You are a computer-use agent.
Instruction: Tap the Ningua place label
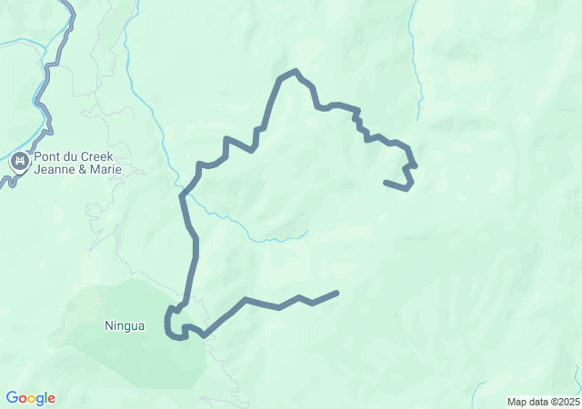[125, 325]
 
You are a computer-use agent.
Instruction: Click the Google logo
[30, 398]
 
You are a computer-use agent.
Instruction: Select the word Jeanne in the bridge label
[55, 169]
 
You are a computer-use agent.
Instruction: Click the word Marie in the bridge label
[105, 169]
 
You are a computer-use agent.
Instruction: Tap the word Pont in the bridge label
[47, 156]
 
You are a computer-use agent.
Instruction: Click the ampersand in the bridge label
[83, 169]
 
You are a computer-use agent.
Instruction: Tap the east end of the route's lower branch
[336, 293]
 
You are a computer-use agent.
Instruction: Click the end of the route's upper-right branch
[386, 183]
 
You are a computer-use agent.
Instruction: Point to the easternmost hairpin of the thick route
[414, 165]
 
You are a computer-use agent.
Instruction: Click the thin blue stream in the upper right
[418, 73]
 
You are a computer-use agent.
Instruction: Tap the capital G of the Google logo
[12, 398]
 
